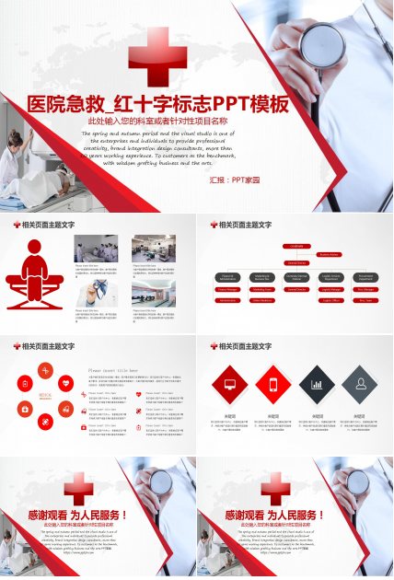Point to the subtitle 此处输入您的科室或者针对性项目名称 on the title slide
coord(157,121)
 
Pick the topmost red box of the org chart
coord(296,246)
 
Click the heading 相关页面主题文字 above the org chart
coord(247,225)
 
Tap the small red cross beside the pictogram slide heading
coord(17,225)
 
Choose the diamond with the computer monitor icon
coord(230,383)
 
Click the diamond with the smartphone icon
coord(274,383)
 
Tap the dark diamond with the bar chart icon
coord(317,383)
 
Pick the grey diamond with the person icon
coord(361,383)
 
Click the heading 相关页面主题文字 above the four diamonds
coord(247,346)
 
